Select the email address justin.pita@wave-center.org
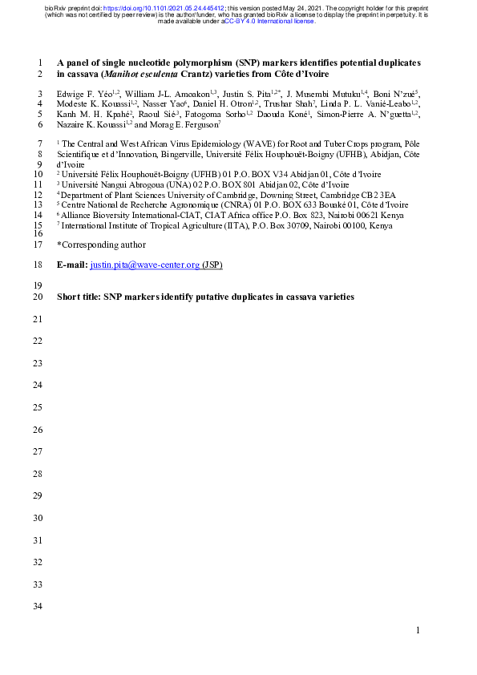click(144, 264)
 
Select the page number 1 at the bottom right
click(418, 631)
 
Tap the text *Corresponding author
click(101, 244)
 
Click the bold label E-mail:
click(72, 264)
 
